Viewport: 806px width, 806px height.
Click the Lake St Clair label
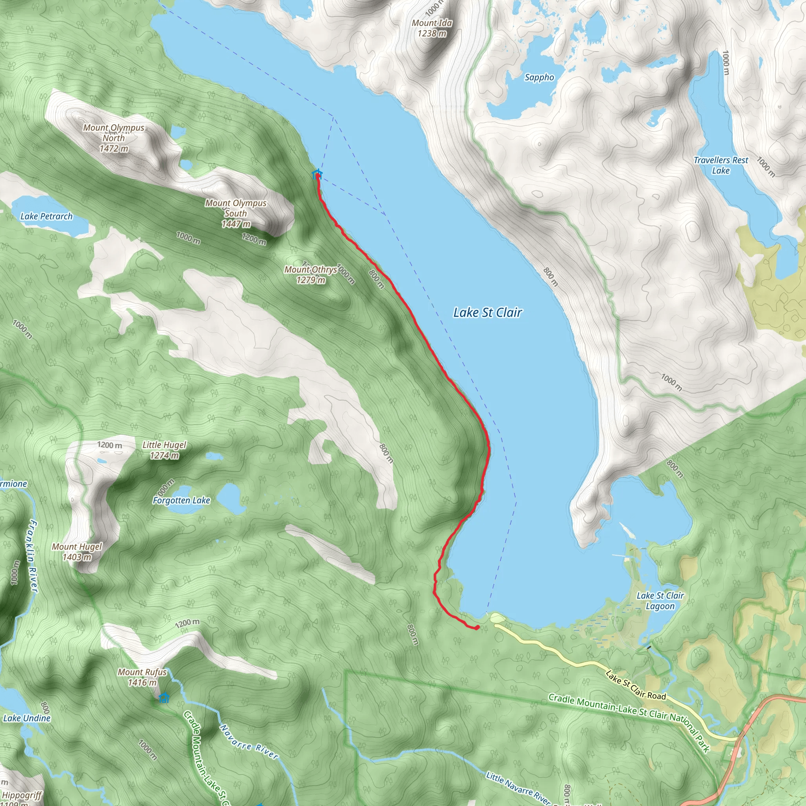coord(487,312)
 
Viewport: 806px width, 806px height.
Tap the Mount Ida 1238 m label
coord(432,28)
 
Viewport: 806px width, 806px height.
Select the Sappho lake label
coord(539,78)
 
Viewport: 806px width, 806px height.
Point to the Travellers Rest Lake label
coord(721,165)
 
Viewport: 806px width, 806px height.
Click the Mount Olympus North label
coord(113,138)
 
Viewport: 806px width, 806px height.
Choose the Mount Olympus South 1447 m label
coord(236,213)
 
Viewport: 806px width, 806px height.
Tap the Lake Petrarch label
coord(46,216)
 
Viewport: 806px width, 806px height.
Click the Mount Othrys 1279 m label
coord(311,275)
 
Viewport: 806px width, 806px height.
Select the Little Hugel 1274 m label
coord(165,450)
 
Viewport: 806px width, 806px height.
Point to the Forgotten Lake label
coord(181,500)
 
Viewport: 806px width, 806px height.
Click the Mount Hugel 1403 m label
coord(77,551)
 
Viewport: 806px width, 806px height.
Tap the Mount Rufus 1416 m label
coord(142,677)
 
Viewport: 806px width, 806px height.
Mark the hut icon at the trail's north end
coord(317,174)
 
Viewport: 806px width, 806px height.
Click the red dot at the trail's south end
coord(477,627)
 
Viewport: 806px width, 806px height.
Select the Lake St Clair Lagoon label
coord(660,601)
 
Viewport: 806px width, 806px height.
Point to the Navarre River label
coord(249,742)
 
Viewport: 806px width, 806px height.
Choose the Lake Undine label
coord(27,718)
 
